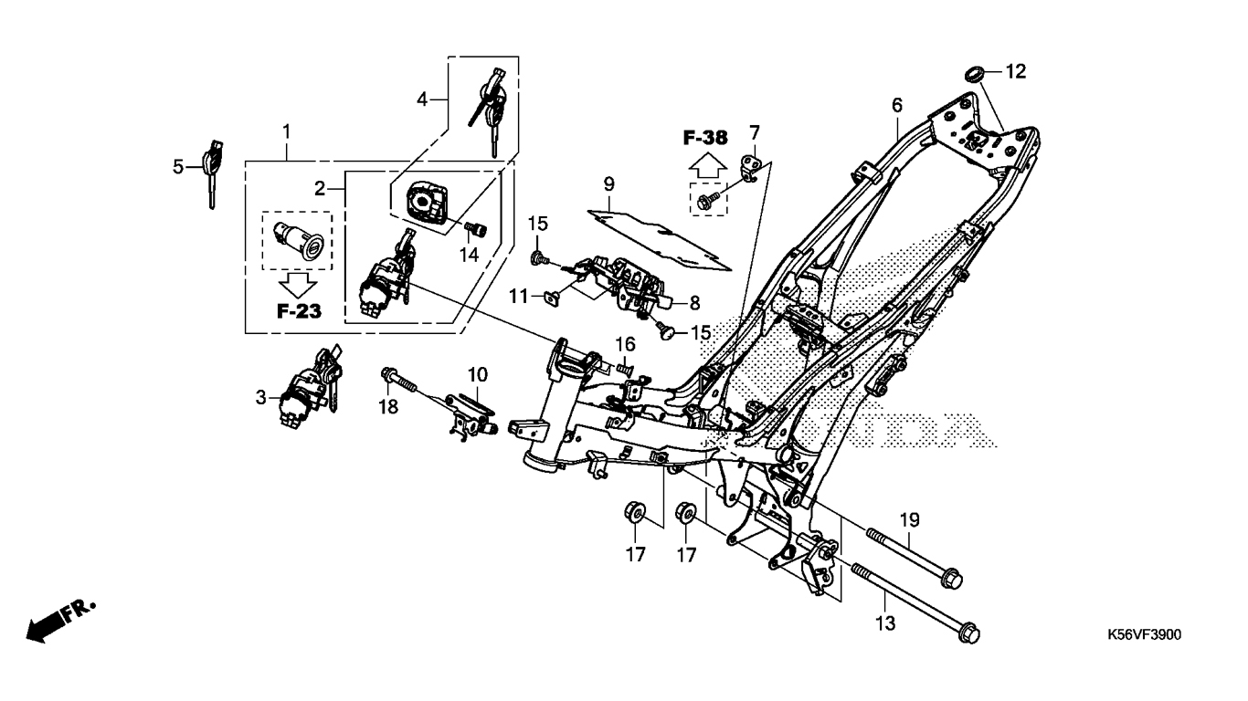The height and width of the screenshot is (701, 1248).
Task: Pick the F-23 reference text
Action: [x=299, y=311]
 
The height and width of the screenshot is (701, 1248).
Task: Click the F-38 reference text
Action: [x=704, y=139]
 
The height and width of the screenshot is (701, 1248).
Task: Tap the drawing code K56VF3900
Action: [x=1144, y=634]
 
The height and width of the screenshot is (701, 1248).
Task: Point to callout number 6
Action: [x=896, y=105]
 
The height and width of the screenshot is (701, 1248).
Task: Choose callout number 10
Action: [x=478, y=374]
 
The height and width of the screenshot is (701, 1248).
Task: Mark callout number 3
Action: [x=260, y=397]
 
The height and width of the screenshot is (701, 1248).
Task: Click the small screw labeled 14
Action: [x=474, y=228]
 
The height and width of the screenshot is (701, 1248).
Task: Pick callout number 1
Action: [x=286, y=131]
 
